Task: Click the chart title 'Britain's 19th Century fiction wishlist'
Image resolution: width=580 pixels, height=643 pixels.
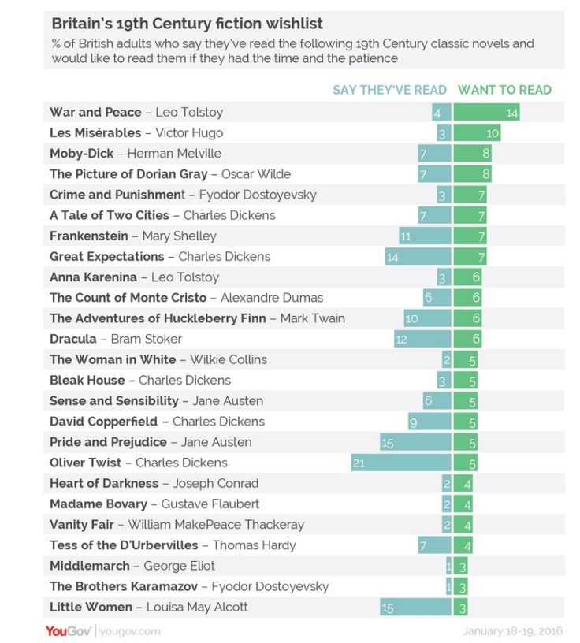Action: click(x=187, y=24)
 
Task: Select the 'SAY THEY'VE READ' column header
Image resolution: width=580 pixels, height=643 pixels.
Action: click(x=389, y=90)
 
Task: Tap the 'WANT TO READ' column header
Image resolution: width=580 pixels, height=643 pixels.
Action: click(x=504, y=90)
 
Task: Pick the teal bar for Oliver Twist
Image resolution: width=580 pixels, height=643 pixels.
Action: click(x=401, y=463)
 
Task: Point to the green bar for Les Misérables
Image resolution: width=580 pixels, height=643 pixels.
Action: click(x=477, y=133)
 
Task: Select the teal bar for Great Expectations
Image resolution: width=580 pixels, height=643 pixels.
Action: click(x=418, y=256)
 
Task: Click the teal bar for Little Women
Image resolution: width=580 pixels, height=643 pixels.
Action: click(x=415, y=607)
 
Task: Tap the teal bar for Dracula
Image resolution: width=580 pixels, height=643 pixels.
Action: click(x=422, y=339)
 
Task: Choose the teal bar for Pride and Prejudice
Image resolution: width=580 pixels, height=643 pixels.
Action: click(x=415, y=442)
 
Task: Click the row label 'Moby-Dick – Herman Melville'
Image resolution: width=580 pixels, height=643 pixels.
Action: click(x=136, y=154)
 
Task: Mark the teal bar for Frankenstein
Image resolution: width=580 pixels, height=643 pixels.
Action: click(x=425, y=236)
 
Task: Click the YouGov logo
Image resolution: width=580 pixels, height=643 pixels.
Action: click(x=69, y=630)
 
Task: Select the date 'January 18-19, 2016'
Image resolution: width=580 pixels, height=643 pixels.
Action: click(x=511, y=630)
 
